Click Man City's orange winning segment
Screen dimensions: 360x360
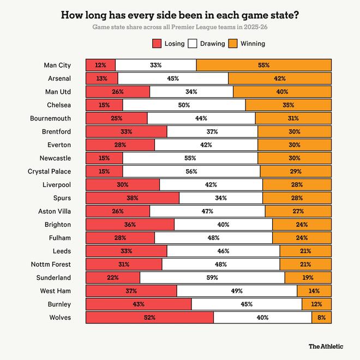[263, 65]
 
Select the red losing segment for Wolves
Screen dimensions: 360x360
[149, 317]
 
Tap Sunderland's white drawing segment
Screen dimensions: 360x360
[212, 277]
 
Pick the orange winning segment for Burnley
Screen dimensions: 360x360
[316, 304]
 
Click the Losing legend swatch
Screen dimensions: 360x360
[157, 43]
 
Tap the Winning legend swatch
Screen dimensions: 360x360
[233, 43]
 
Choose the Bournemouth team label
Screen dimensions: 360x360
[51, 118]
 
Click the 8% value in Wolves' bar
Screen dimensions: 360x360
[321, 317]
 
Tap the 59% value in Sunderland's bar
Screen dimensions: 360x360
[212, 277]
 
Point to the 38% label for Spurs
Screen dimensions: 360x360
[133, 197]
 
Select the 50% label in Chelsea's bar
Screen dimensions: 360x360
[184, 105]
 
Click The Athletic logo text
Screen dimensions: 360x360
[327, 346]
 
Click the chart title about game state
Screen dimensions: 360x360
[179, 15]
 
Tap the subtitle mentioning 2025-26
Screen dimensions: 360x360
[179, 27]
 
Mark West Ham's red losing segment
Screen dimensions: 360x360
[131, 291]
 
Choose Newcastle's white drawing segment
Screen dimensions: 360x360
[190, 158]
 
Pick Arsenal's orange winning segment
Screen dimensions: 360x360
[280, 78]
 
